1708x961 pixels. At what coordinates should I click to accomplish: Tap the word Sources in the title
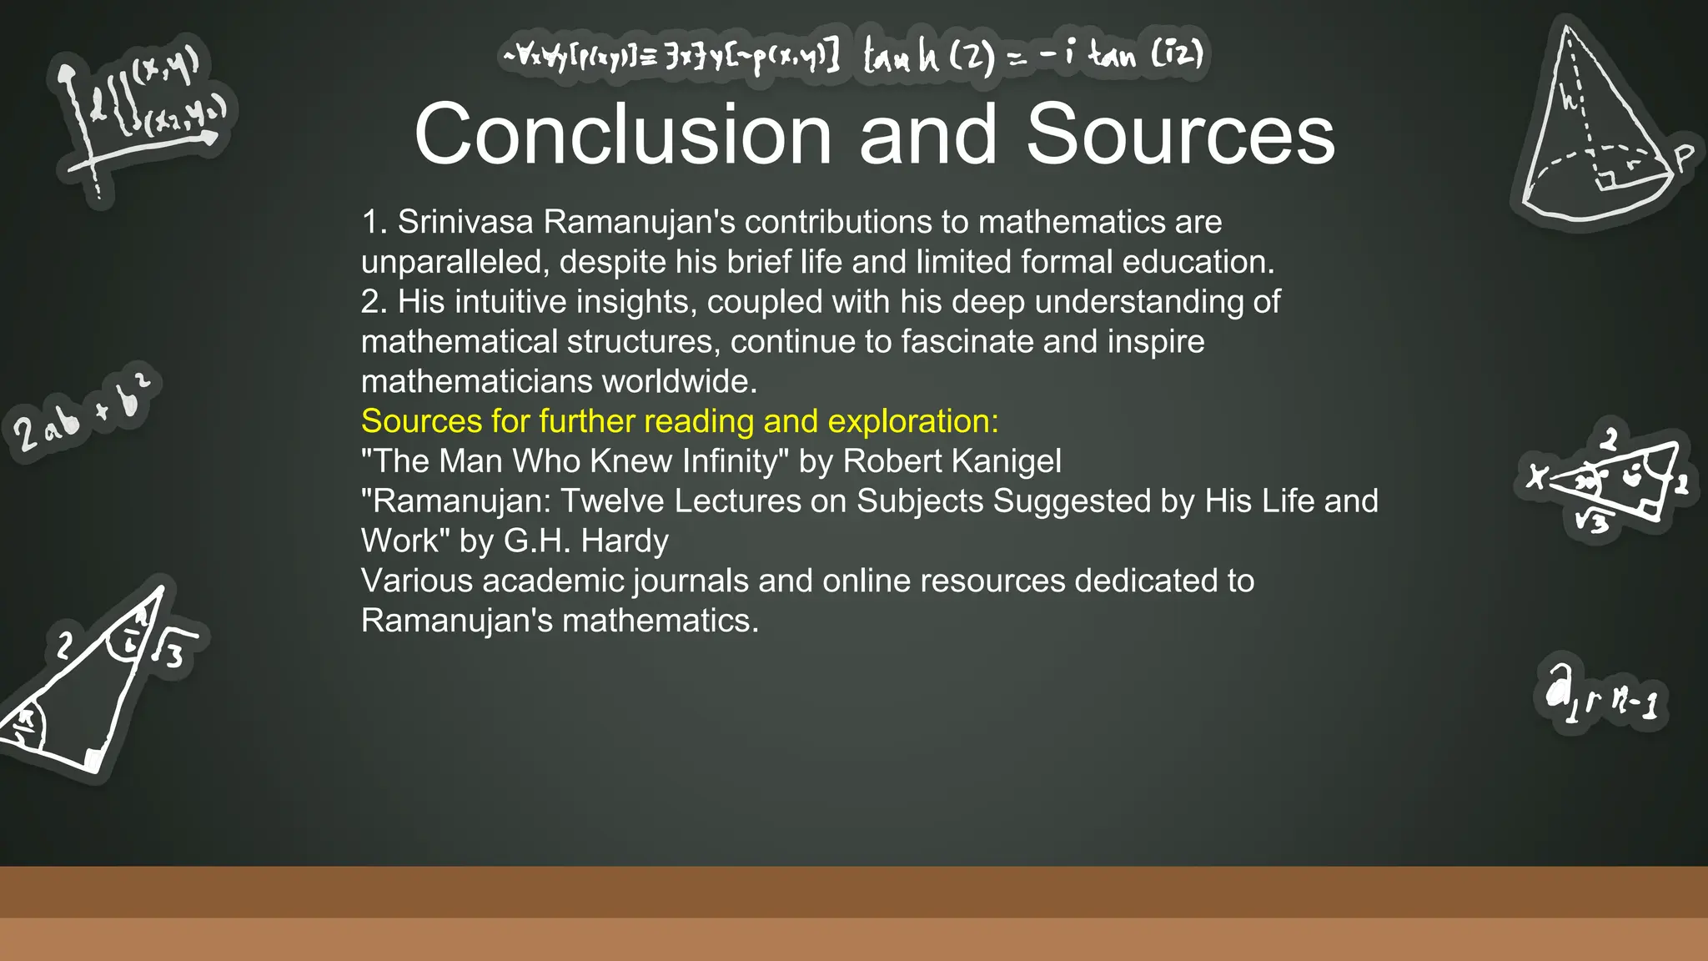1180,135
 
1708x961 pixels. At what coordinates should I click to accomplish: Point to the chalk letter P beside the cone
1685,156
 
